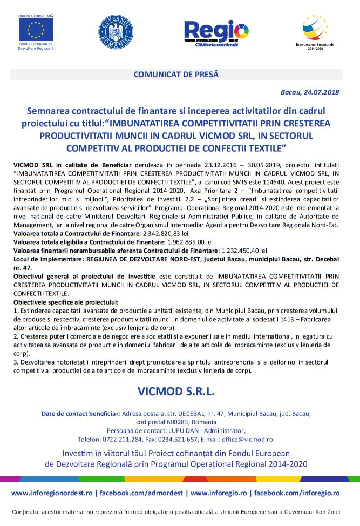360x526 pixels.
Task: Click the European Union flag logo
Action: click(36, 29)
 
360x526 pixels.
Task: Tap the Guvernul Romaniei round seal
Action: click(116, 31)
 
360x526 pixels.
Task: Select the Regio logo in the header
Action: click(216, 32)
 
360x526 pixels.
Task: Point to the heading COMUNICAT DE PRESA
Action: click(176, 75)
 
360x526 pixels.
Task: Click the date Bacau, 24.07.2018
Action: click(310, 92)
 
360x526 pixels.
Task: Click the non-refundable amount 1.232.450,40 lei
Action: click(241, 251)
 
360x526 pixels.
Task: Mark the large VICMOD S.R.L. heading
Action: click(176, 390)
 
